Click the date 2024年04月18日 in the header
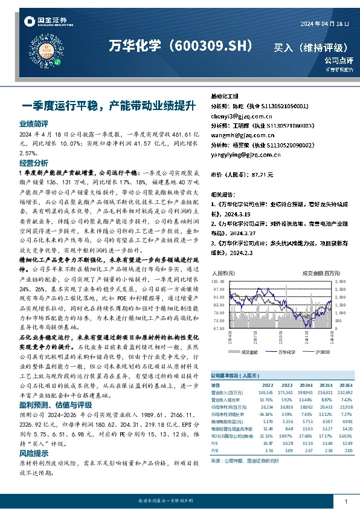325,23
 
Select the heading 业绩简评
34,123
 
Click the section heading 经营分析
34,163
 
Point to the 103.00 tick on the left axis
217,282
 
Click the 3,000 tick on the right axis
341,282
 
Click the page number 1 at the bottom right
345,502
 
